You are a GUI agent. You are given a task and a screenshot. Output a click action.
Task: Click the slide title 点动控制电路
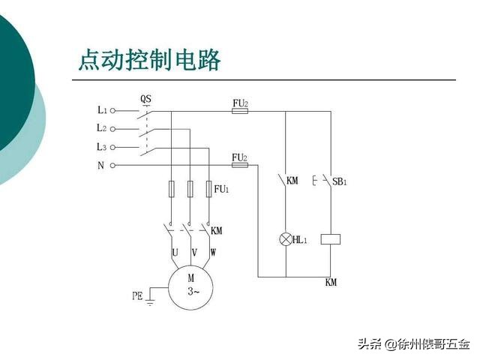click(149, 61)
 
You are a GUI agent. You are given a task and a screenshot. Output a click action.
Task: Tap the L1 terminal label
click(102, 109)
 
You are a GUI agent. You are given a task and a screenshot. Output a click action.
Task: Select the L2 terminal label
click(102, 128)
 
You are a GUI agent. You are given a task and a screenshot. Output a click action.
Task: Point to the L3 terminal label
click(102, 147)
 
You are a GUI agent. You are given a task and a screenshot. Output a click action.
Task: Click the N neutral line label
click(100, 166)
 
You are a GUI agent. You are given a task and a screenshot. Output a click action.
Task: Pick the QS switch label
click(146, 99)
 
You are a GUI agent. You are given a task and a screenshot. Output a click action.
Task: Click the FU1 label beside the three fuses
click(221, 190)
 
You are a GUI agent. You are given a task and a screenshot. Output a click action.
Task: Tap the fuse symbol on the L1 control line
click(240, 110)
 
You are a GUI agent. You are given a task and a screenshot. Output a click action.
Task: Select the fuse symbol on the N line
click(240, 166)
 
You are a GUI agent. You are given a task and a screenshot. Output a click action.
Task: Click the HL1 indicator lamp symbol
click(285, 239)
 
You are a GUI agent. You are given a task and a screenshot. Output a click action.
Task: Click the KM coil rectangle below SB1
click(331, 239)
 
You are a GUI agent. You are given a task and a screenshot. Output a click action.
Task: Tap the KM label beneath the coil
click(331, 283)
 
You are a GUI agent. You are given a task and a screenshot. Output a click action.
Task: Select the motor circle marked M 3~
click(190, 286)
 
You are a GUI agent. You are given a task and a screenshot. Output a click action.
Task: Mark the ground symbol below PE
click(150, 302)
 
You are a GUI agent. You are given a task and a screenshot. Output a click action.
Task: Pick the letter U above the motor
click(175, 253)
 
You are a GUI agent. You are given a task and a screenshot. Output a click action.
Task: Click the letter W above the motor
click(213, 253)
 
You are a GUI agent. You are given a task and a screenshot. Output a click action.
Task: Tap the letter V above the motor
click(194, 253)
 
